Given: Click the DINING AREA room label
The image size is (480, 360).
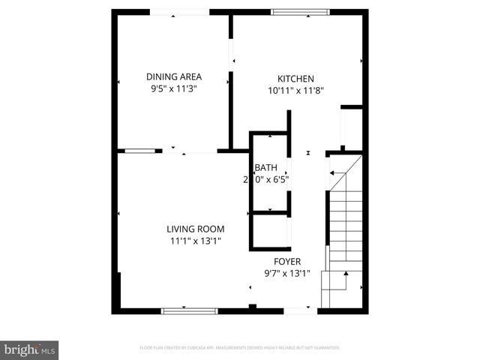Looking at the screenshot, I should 173,76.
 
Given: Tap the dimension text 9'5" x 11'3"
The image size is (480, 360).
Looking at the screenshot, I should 173,88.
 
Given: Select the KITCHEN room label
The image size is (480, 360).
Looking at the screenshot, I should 295,79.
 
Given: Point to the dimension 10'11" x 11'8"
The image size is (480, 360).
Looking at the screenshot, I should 295,90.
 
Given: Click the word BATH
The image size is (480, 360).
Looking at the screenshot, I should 265,168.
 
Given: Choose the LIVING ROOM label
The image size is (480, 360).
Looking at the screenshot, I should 195,229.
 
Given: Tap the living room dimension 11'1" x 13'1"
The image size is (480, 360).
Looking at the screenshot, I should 195,241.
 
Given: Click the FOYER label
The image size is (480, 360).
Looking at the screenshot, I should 287,262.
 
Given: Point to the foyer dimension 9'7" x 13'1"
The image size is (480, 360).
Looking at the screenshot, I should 287,274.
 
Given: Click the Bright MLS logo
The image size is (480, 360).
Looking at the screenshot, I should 30,349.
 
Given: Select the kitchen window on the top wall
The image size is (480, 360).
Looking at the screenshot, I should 299,12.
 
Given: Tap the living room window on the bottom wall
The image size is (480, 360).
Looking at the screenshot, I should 189,310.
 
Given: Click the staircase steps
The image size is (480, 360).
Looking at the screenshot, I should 346,225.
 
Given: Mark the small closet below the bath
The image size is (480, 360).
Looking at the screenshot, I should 269,231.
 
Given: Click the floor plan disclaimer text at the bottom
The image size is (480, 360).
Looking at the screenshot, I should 239,348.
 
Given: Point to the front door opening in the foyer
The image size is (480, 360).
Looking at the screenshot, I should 301,310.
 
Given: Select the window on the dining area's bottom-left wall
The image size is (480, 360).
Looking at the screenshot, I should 139,151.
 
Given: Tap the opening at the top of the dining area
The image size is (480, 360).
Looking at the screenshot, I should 180,12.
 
